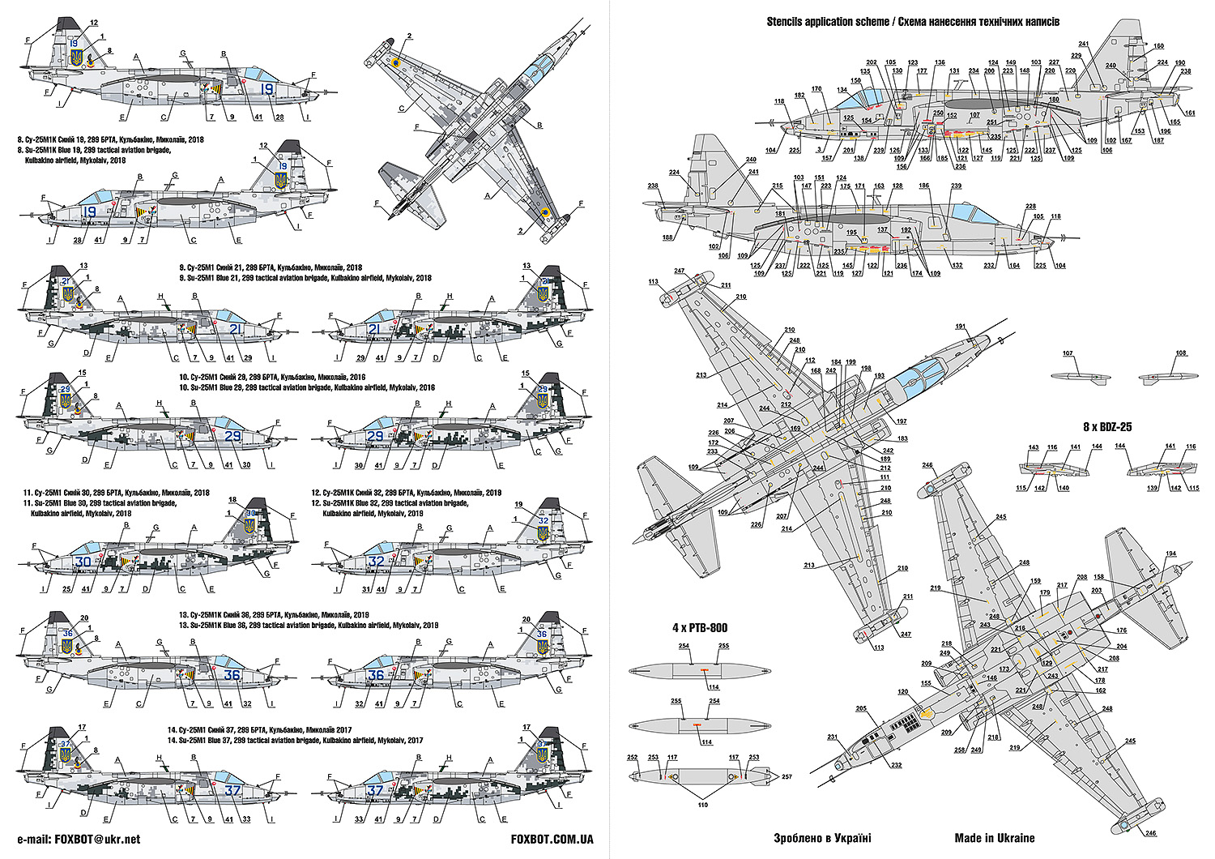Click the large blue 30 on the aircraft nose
[83, 562]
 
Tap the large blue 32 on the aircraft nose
[377, 562]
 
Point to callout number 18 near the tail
[232, 500]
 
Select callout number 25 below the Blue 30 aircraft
[66, 589]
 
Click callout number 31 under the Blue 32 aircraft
[366, 589]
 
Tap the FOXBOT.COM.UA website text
[553, 840]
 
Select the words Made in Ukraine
[994, 838]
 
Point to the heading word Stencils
[788, 22]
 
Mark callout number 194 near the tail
[1170, 553]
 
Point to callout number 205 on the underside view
[861, 708]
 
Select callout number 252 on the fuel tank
[632, 757]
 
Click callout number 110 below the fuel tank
[702, 805]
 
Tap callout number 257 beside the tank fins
[786, 776]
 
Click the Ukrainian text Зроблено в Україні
[822, 838]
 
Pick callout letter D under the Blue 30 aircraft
[146, 589]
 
